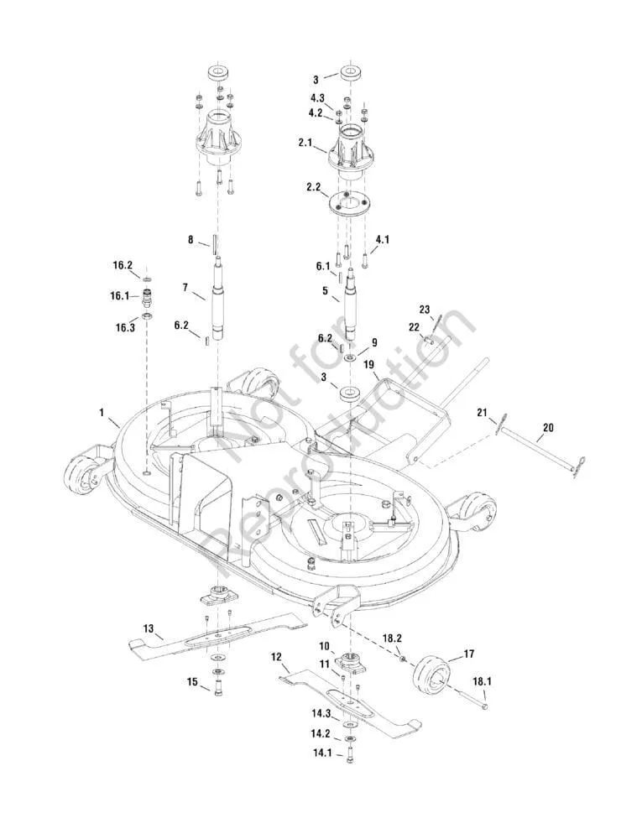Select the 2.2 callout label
[x=315, y=187]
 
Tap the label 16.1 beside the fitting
[x=119, y=295]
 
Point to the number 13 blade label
[x=149, y=628]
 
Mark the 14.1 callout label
[x=322, y=753]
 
